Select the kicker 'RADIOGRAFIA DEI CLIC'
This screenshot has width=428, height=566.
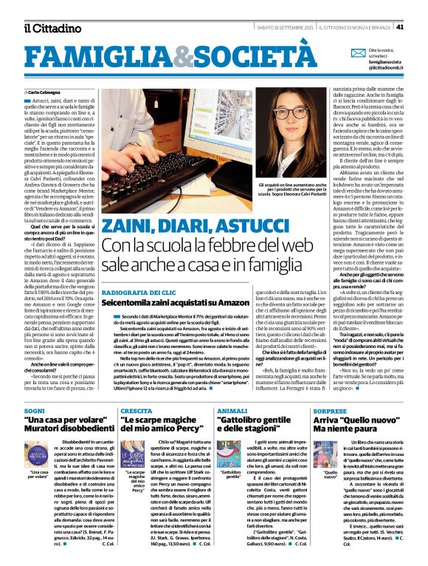pos(137,271)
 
